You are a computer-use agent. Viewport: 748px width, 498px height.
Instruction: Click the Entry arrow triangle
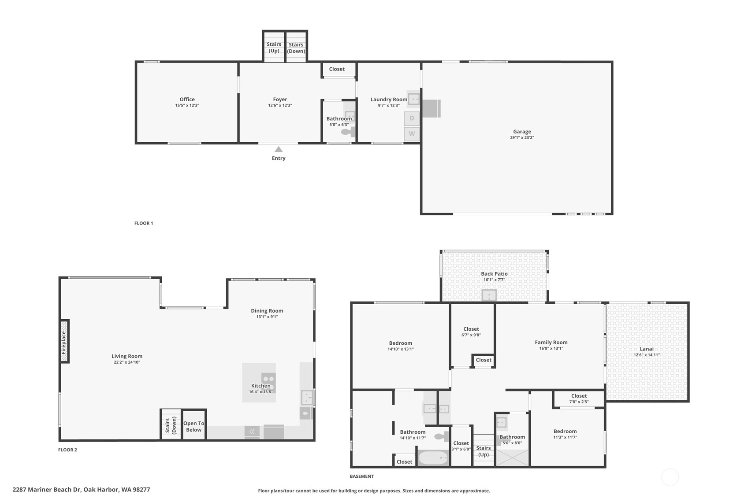pos(279,149)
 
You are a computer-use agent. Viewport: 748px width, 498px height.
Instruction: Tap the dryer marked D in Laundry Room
pos(412,118)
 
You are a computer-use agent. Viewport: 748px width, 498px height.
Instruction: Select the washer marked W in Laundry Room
pos(412,134)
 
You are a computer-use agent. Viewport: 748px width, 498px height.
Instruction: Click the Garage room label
pos(522,132)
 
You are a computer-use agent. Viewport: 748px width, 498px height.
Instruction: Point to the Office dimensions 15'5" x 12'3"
pos(187,106)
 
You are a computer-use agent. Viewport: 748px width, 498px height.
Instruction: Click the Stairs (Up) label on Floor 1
pos(274,47)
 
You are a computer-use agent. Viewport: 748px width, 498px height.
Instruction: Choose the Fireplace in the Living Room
pos(64,341)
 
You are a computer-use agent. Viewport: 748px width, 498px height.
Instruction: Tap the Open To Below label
pos(194,426)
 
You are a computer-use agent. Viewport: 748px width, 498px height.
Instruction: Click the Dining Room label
pos(267,311)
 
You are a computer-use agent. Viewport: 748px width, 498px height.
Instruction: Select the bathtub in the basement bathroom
pos(433,458)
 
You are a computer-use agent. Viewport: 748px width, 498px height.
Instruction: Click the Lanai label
pos(647,349)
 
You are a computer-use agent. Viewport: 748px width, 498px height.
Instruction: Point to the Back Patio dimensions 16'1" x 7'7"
pos(494,280)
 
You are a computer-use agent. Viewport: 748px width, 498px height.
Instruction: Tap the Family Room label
pos(551,342)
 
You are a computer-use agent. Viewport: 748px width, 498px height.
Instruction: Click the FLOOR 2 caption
pos(67,450)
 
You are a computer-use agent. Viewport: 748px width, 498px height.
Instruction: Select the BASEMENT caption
pos(361,476)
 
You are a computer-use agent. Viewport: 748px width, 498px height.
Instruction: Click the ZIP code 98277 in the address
pos(141,489)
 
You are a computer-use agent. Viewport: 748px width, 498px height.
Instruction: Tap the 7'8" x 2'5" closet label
pos(579,402)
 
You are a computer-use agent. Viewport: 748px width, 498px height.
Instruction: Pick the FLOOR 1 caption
pos(144,223)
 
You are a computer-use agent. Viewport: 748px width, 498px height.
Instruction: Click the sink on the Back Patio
pos(489,295)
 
